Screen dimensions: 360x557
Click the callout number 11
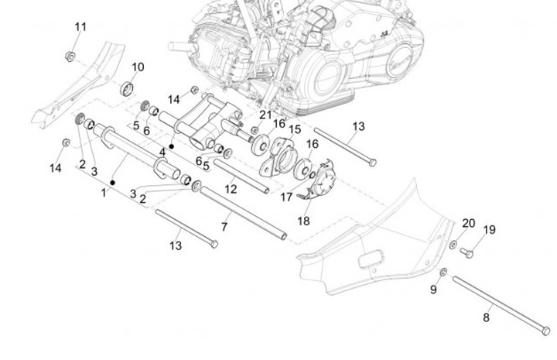[80, 27]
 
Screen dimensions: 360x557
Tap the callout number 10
[137, 67]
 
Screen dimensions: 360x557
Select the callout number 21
[265, 115]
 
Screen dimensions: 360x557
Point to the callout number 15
[295, 130]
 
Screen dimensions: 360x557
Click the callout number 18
[303, 221]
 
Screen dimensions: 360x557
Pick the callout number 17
[286, 197]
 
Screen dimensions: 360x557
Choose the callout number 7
[224, 227]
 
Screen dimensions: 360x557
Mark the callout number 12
[231, 188]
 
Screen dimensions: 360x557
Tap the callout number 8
[486, 317]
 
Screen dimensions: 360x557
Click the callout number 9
[433, 290]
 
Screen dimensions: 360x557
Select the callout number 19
[489, 229]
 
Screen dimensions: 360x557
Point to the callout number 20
[468, 223]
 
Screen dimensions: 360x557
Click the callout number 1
[103, 192]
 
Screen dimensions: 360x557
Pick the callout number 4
[162, 152]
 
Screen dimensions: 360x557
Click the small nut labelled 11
[70, 56]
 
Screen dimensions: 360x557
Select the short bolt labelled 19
[466, 252]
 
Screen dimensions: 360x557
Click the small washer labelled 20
[453, 245]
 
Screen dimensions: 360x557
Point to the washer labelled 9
[443, 271]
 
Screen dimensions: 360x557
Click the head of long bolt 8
[546, 331]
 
